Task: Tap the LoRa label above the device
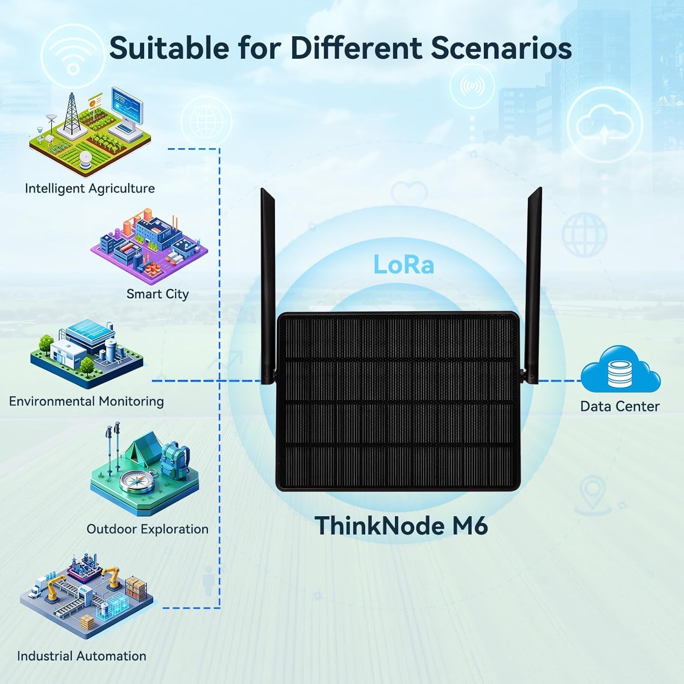click(x=404, y=264)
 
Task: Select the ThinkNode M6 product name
click(x=401, y=526)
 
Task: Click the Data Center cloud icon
click(x=620, y=370)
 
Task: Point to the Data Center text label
click(x=620, y=406)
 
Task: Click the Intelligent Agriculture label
click(x=90, y=188)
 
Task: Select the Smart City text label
click(x=157, y=294)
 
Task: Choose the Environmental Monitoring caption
click(x=86, y=401)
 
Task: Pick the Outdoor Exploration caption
click(x=147, y=529)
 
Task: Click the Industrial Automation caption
click(x=82, y=656)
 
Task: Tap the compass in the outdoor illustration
click(x=137, y=481)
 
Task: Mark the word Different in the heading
click(x=356, y=48)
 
